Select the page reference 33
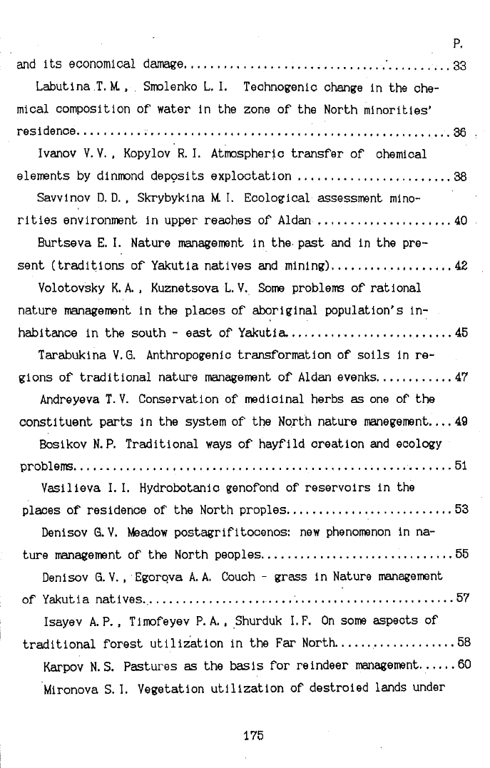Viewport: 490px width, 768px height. [x=459, y=66]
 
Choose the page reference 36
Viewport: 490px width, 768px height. [x=459, y=132]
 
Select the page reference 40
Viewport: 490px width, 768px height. [x=460, y=221]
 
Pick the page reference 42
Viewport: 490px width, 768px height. [x=460, y=266]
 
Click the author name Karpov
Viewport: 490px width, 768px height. [x=62, y=666]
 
